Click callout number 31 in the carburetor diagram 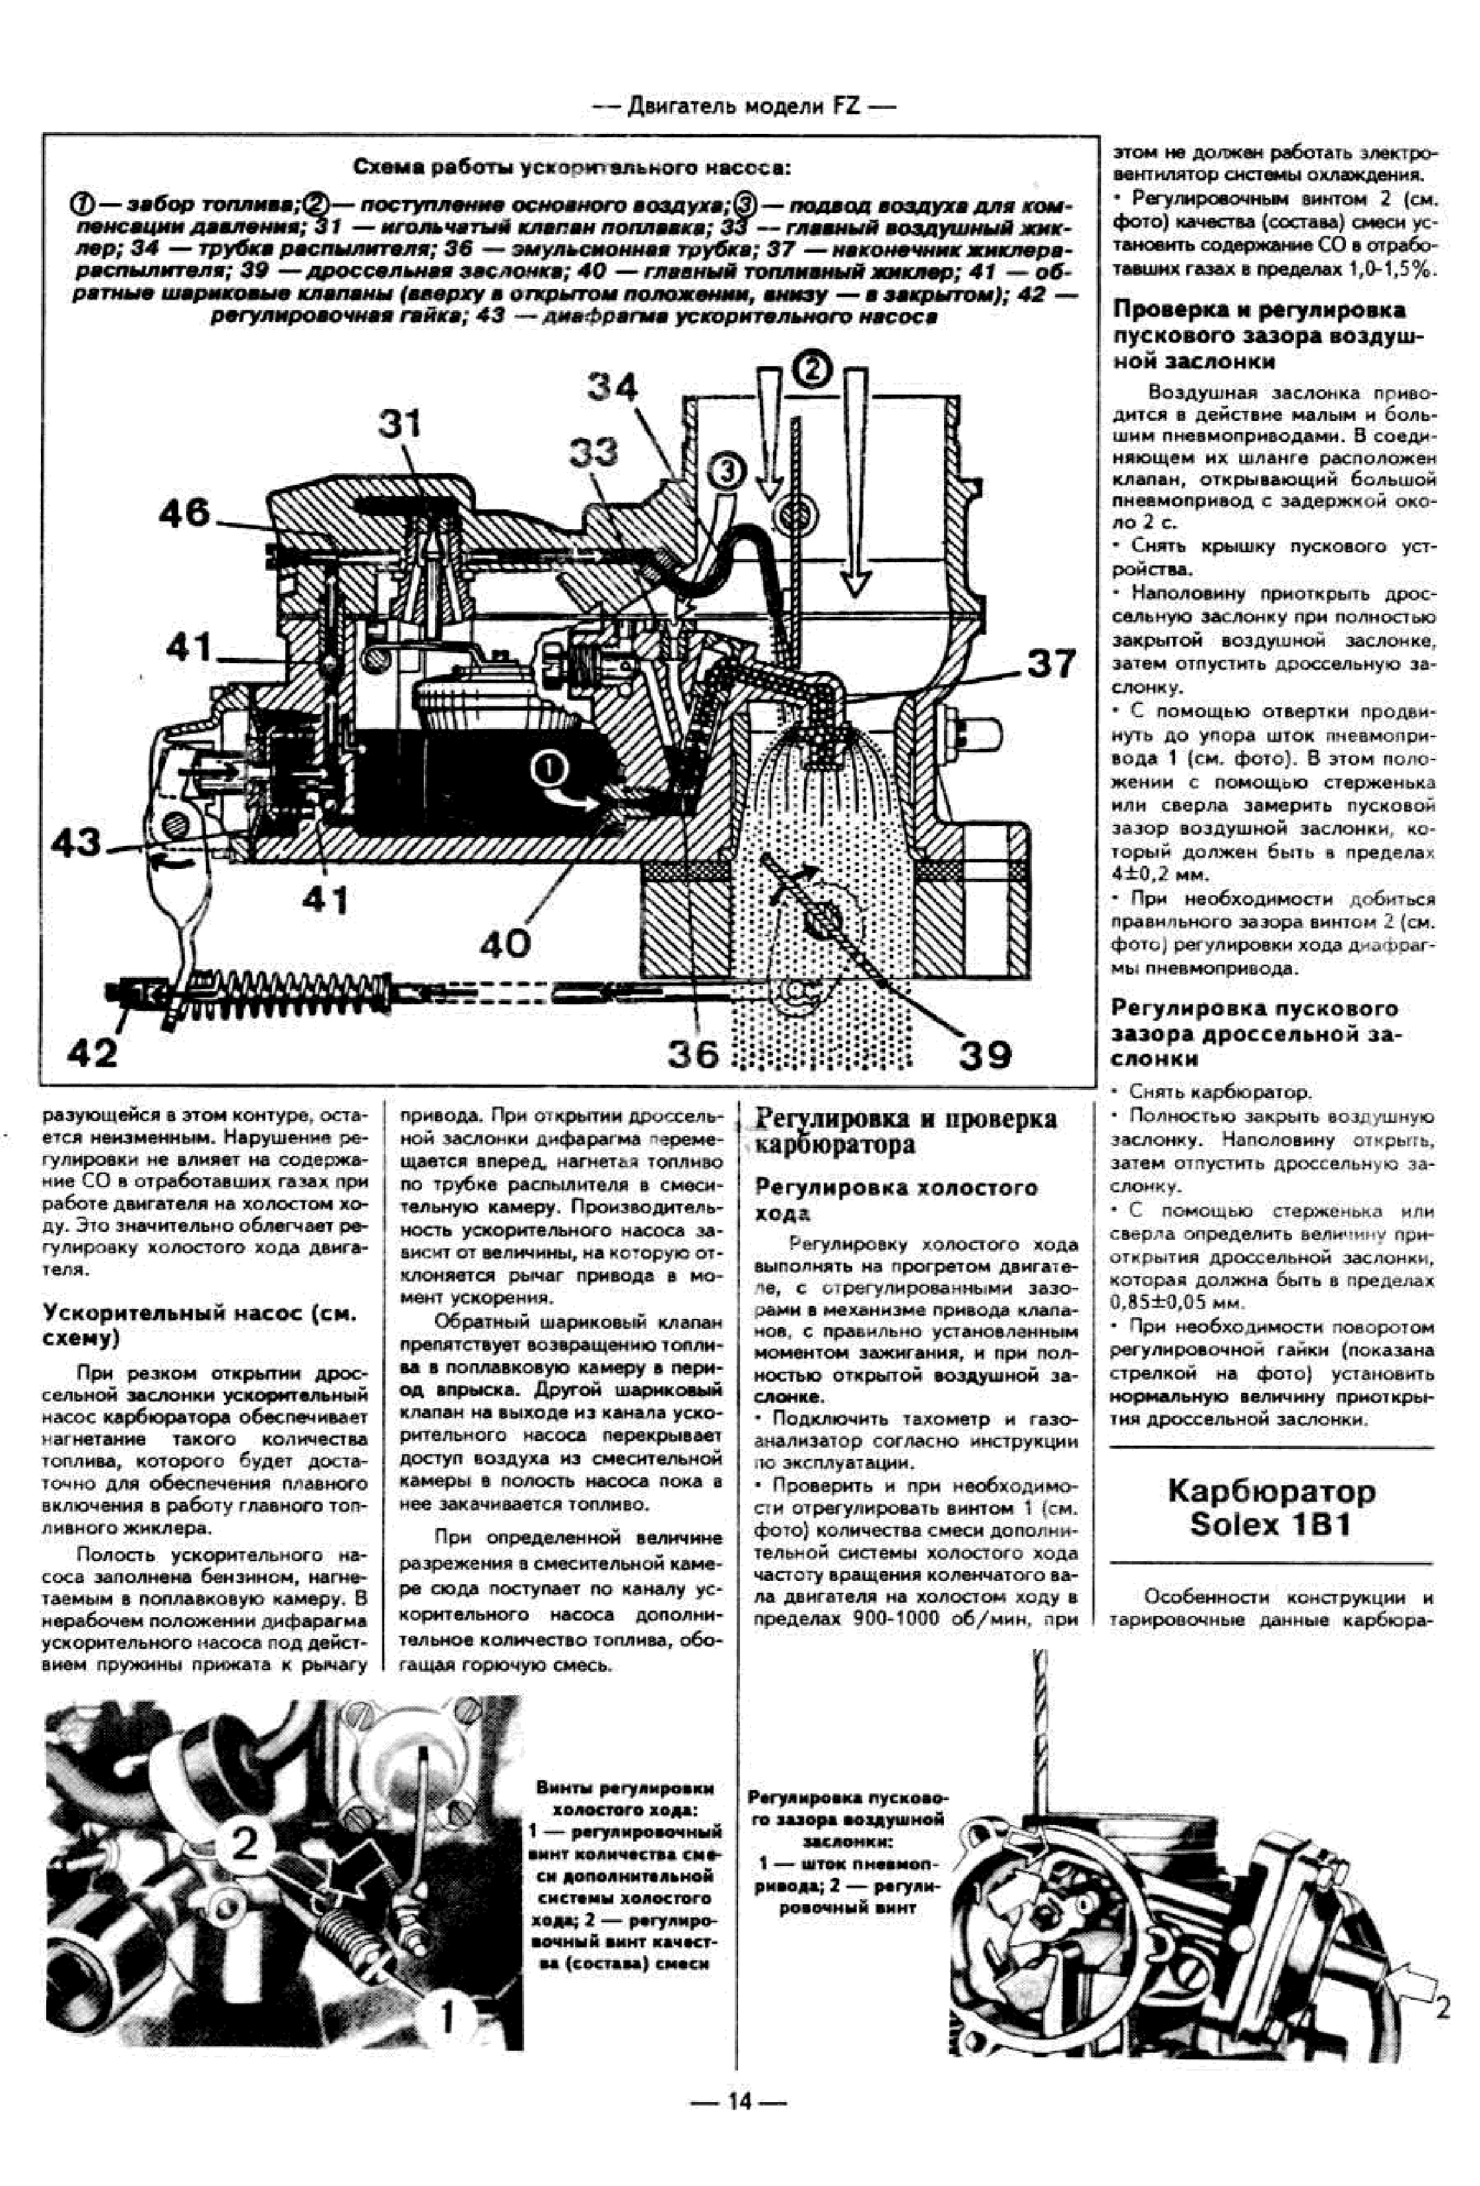401,424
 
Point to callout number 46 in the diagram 184,513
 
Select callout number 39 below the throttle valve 985,1054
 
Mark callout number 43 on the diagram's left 75,843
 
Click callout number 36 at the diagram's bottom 693,1054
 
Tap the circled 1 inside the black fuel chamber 549,769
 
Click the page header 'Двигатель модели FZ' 743,106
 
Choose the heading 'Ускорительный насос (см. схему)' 201,1324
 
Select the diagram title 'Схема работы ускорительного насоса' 571,168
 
